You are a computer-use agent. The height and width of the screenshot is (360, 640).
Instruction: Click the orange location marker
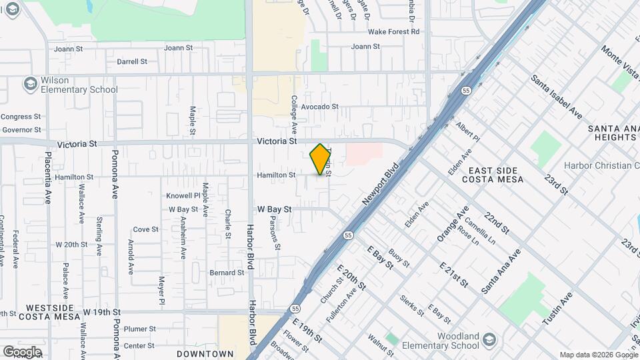(321, 159)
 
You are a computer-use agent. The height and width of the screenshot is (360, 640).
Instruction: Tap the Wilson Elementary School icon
(30, 83)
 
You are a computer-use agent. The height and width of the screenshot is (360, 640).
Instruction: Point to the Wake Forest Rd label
(394, 31)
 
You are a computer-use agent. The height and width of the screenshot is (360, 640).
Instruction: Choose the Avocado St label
(320, 106)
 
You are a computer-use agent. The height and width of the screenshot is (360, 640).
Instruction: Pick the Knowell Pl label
(183, 196)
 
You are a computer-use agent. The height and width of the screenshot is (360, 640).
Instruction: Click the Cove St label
(145, 229)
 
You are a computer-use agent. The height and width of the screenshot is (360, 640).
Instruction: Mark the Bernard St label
(227, 273)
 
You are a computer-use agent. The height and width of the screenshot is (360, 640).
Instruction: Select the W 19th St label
(102, 312)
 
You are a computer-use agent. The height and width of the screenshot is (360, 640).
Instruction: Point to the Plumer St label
(139, 329)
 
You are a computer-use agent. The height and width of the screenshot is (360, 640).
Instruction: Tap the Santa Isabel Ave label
(556, 97)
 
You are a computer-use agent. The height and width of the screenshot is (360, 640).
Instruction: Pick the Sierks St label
(412, 305)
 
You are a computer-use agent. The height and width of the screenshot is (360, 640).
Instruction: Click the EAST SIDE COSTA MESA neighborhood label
(492, 175)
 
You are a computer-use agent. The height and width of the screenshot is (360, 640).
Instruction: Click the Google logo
(22, 352)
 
